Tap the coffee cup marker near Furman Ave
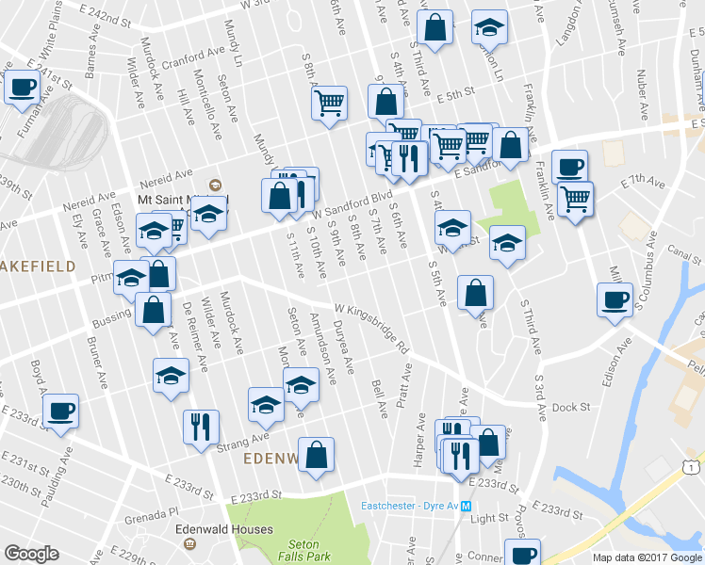[23, 88]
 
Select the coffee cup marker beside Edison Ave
[615, 300]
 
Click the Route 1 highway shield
[693, 467]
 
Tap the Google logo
[32, 554]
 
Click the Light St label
[489, 518]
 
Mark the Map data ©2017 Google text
[647, 557]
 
